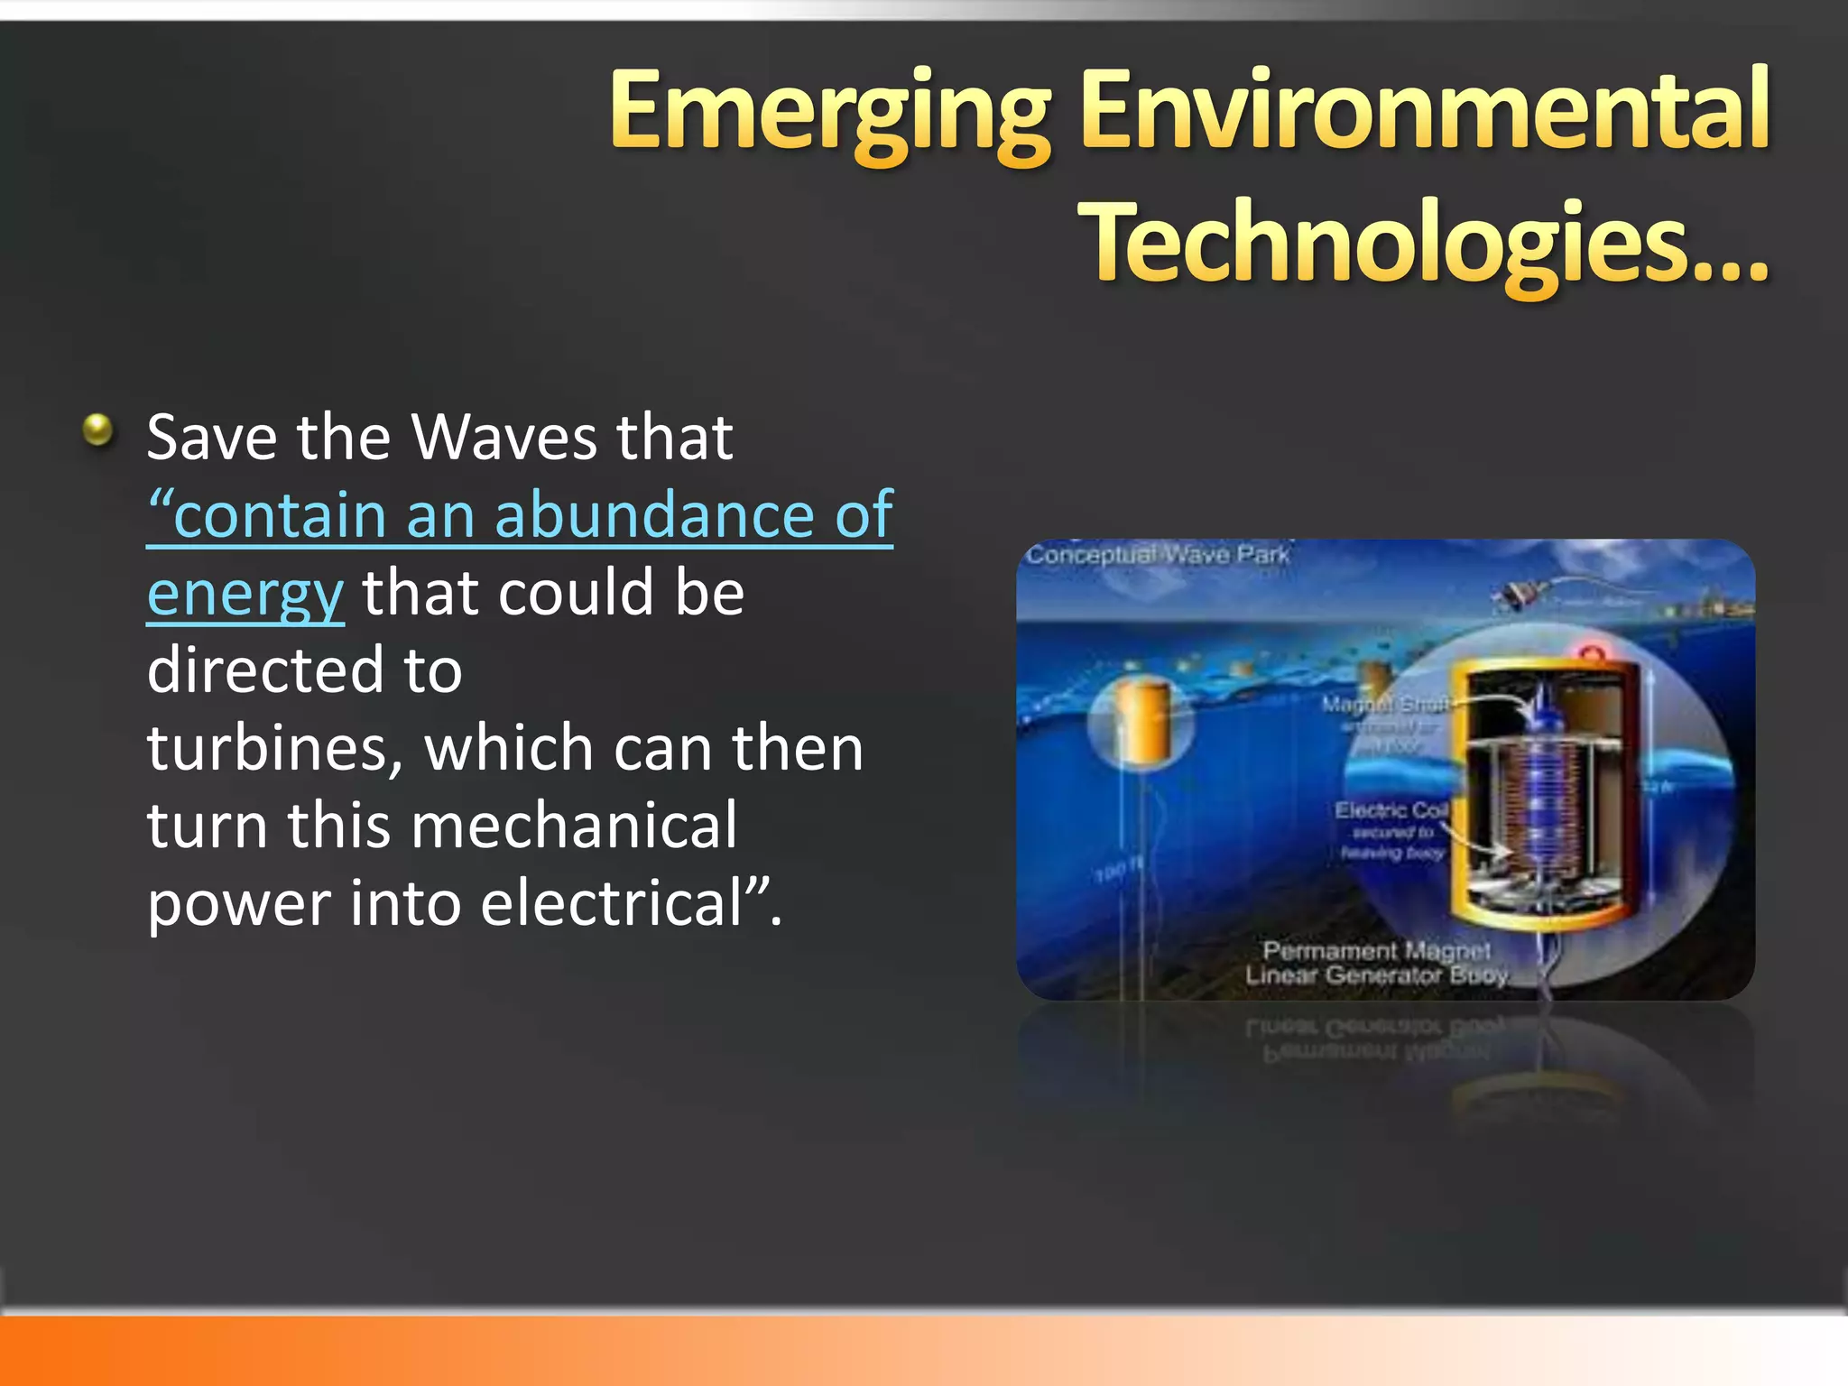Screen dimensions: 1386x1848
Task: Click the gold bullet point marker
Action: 97,430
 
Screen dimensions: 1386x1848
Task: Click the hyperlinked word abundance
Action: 654,515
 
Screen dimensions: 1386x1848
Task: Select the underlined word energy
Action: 245,595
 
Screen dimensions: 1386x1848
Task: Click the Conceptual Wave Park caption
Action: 1158,554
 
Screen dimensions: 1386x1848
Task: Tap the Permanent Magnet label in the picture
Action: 1376,950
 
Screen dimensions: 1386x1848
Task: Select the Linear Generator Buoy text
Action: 1376,975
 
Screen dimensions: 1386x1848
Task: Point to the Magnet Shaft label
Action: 1384,704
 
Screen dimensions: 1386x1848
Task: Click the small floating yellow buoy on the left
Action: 1142,719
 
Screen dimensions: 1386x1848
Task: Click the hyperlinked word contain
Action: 280,515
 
